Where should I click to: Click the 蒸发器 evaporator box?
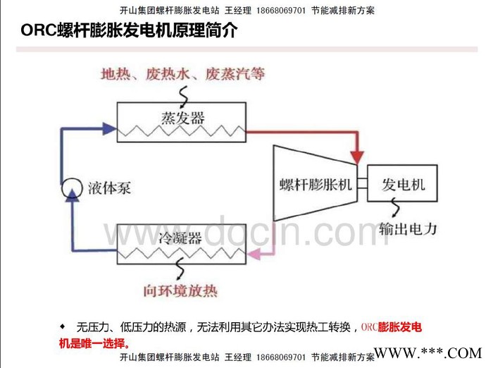click(182, 121)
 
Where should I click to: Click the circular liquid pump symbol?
click(70, 188)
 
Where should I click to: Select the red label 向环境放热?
click(180, 290)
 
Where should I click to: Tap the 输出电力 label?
click(408, 229)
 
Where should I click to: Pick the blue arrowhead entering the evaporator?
click(108, 128)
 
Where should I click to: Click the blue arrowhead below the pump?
click(70, 202)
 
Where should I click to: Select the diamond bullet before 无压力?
click(62, 326)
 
